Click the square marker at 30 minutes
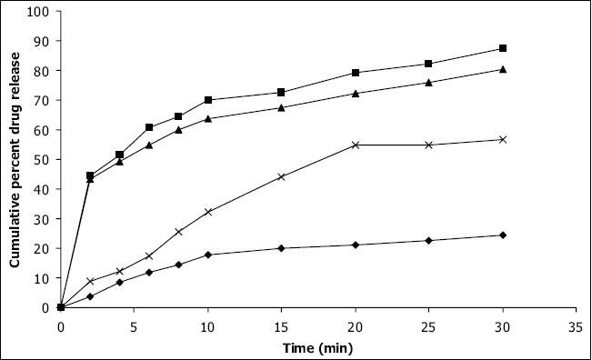pos(503,48)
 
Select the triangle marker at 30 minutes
pos(503,69)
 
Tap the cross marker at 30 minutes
pos(503,139)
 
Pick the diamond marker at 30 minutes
pos(503,235)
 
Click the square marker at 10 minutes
pos(208,100)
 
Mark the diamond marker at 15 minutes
pos(282,248)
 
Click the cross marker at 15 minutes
pos(282,176)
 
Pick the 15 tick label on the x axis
pos(282,322)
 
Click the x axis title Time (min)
pos(317,345)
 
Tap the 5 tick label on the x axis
pos(135,322)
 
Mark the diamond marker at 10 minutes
pos(208,255)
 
